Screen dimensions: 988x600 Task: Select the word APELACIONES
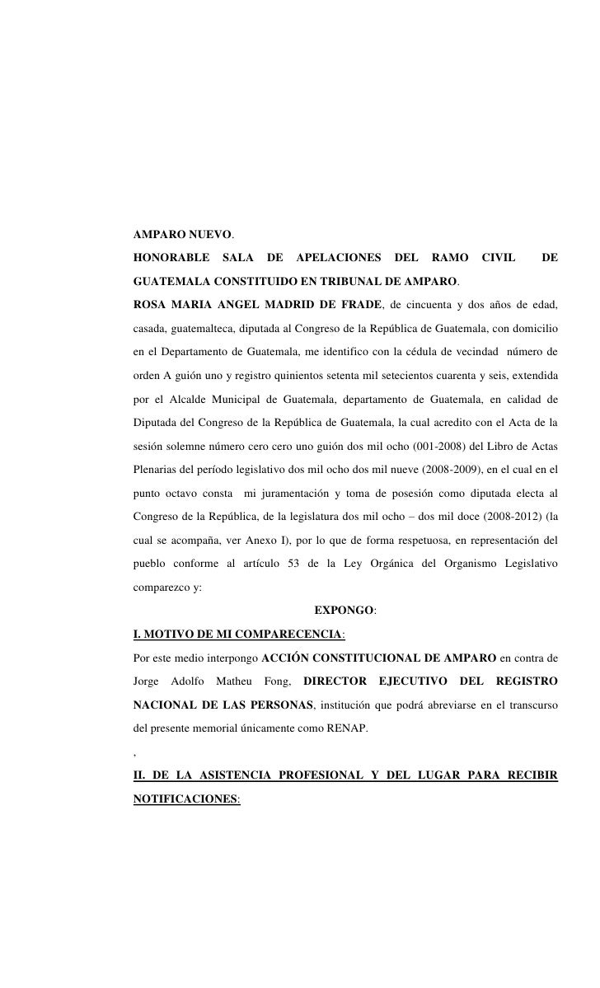point(338,258)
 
